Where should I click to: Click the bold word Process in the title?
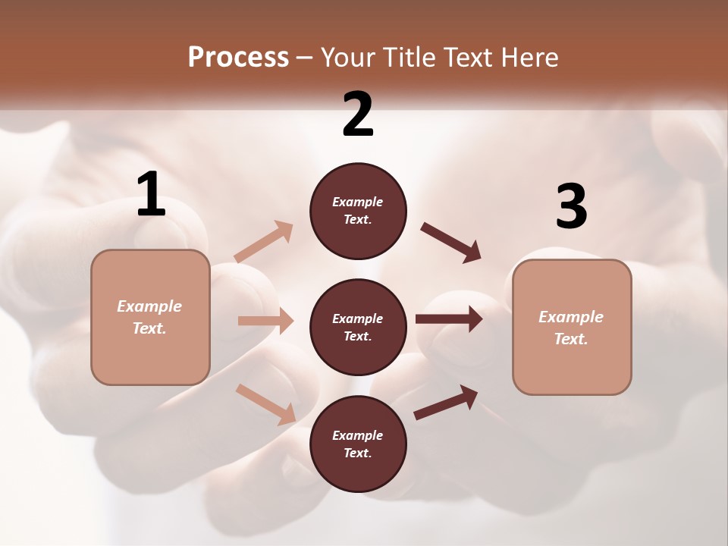pyautogui.click(x=238, y=57)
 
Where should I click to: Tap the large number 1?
pyautogui.click(x=151, y=194)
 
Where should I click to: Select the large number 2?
pyautogui.click(x=358, y=115)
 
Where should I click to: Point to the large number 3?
pyautogui.click(x=571, y=206)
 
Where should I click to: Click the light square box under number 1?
pyautogui.click(x=150, y=317)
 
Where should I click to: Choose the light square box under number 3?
pyautogui.click(x=572, y=327)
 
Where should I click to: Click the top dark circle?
pyautogui.click(x=358, y=211)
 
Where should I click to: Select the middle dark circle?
pyautogui.click(x=358, y=327)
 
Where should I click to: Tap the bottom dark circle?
pyautogui.click(x=358, y=444)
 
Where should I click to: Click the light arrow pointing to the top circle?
pyautogui.click(x=264, y=242)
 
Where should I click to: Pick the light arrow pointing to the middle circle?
pyautogui.click(x=265, y=321)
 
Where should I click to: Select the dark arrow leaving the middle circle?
pyautogui.click(x=449, y=318)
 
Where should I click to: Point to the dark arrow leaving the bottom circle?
pyautogui.click(x=446, y=402)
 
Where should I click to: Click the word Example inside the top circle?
pyautogui.click(x=358, y=202)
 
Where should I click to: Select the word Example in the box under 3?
pyautogui.click(x=571, y=317)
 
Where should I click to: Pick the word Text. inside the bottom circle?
pyautogui.click(x=358, y=453)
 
